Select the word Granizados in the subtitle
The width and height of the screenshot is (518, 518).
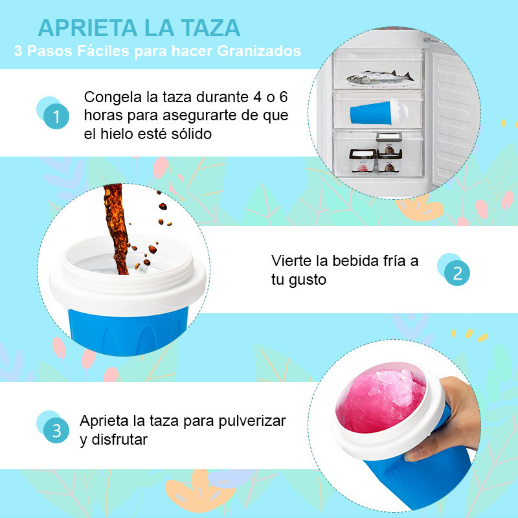coord(259,51)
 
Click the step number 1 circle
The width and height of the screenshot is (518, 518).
coord(56,116)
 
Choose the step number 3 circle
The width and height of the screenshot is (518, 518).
coord(56,430)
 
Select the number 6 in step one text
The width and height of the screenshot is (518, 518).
coord(283,97)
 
